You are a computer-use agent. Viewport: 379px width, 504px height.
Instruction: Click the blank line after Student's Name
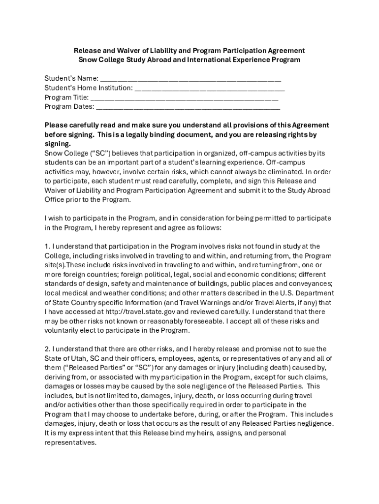190,78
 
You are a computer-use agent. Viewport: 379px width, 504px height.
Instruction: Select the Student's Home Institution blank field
210,88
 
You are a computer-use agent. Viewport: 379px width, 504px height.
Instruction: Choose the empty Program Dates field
188,106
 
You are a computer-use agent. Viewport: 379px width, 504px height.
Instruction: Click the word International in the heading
199,60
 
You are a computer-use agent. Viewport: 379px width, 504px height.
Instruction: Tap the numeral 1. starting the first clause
47,246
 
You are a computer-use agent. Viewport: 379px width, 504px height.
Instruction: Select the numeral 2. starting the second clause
48,349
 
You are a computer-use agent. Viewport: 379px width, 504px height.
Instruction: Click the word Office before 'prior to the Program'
56,200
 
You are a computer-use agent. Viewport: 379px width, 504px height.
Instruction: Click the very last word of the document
70,442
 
